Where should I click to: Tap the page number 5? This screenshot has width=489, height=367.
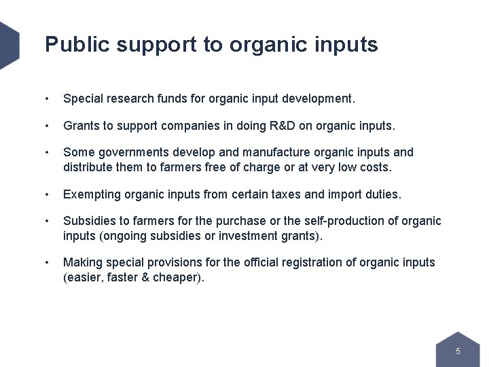coord(458,351)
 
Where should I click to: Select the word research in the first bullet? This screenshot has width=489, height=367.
coord(127,99)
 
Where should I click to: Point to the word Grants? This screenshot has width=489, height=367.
coord(80,126)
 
